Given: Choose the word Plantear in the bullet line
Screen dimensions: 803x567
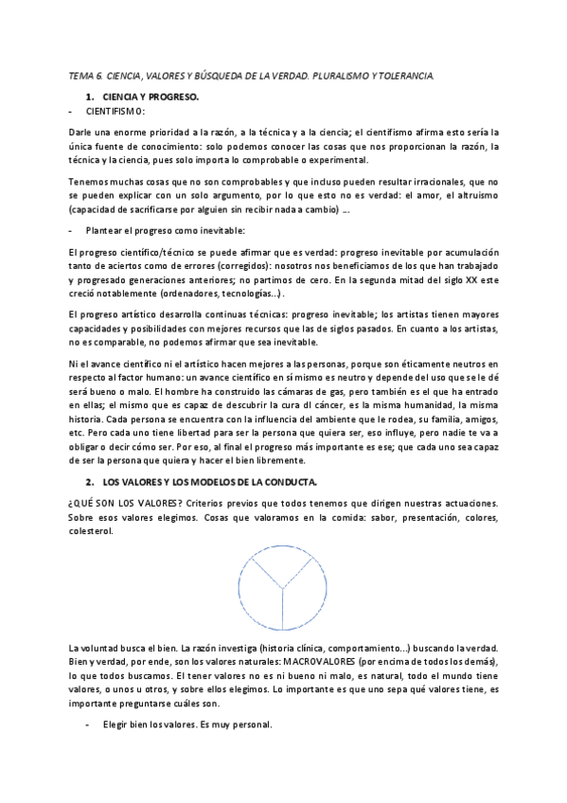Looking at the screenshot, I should pyautogui.click(x=103, y=230).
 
